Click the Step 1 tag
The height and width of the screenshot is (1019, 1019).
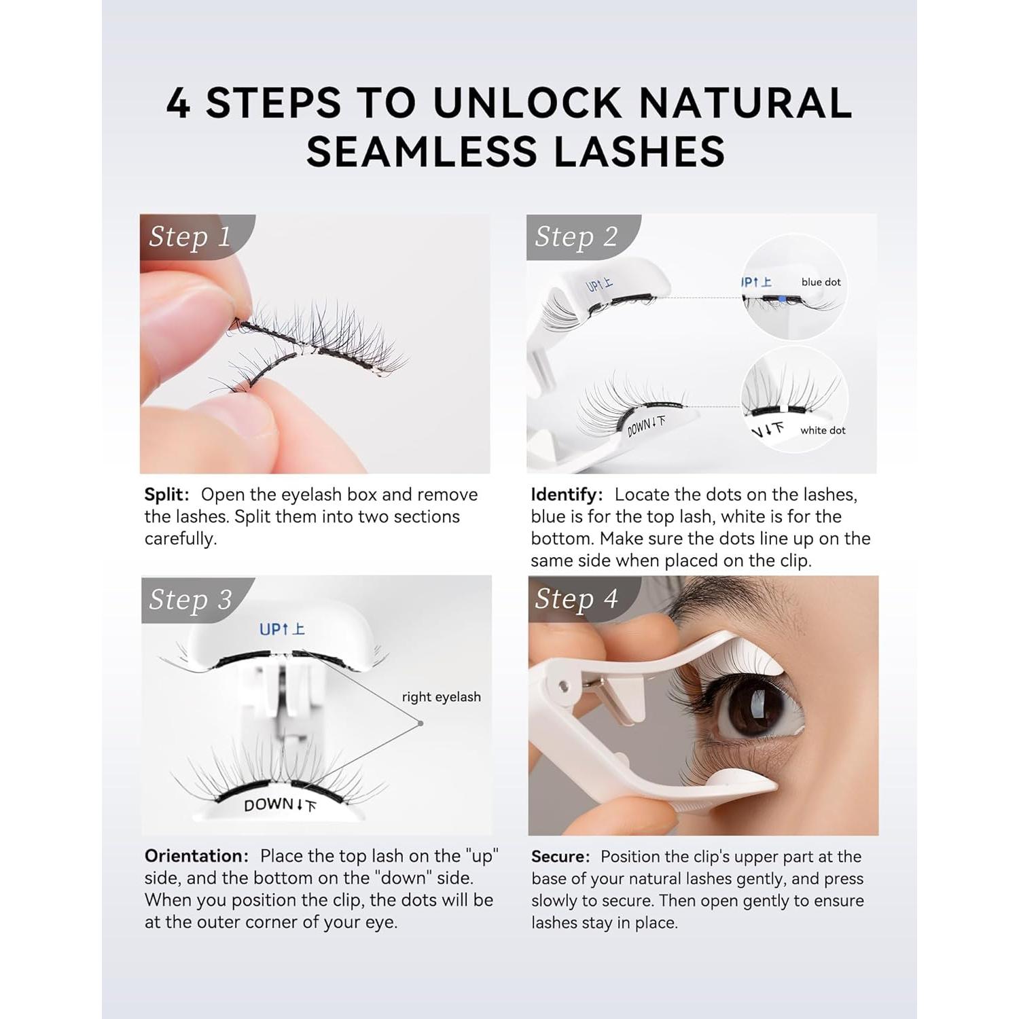190,236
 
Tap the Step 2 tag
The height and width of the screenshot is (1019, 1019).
576,236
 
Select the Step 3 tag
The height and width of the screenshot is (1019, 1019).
190,600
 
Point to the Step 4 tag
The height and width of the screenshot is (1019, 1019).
576,599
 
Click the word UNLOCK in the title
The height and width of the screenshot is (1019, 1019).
527,103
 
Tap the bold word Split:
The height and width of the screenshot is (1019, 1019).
166,495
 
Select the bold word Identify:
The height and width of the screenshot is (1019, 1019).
567,495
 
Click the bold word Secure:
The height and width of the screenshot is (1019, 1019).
560,857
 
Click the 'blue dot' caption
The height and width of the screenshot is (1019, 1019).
821,282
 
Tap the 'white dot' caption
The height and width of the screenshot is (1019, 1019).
823,430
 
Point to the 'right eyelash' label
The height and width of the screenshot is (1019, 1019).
441,697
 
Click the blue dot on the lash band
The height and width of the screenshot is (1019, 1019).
783,299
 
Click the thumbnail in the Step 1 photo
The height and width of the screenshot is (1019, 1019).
178,319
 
